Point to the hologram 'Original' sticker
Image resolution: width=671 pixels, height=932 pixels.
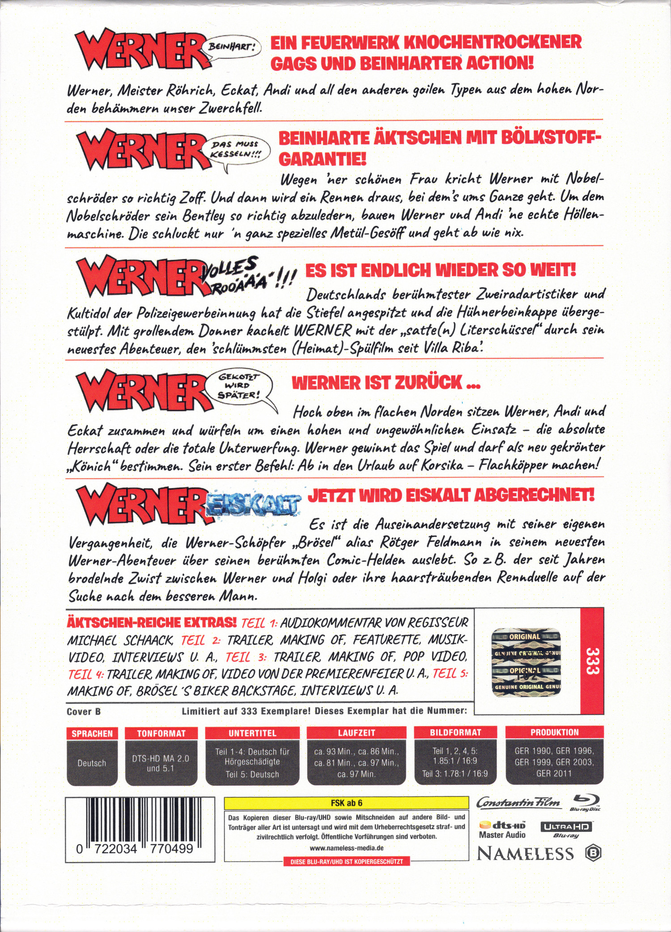[526, 662]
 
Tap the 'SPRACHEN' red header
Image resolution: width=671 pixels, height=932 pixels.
[92, 733]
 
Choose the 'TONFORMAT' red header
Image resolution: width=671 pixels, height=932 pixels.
[161, 733]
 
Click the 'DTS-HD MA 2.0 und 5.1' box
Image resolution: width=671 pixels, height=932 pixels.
[161, 763]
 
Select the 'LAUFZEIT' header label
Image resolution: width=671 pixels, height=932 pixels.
[356, 732]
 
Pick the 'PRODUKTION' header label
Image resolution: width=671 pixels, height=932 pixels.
[554, 732]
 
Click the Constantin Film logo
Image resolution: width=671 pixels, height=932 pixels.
[518, 803]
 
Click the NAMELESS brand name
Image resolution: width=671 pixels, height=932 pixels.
[525, 854]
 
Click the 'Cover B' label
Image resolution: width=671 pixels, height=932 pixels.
[84, 711]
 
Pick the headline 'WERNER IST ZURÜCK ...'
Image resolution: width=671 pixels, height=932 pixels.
[386, 383]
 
